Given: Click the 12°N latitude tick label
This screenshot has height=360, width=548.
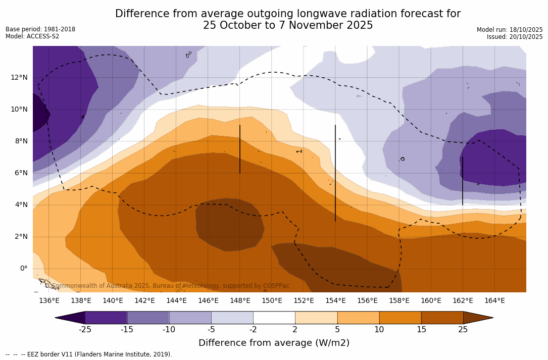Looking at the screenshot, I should (x=19, y=77).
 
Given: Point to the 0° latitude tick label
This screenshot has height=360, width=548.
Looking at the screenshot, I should (x=23, y=268).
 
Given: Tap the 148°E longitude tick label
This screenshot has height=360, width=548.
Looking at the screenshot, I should (x=240, y=301).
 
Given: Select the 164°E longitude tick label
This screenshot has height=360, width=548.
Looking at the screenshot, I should (x=494, y=301).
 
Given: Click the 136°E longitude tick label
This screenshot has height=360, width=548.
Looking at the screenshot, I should (x=49, y=301).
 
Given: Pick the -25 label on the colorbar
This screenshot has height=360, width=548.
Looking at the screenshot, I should (x=85, y=330).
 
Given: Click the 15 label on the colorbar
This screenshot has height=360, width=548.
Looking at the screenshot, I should (x=421, y=330).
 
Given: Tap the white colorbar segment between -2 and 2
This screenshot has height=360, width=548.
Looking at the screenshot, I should (x=274, y=318).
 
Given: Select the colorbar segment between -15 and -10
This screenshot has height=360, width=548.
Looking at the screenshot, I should (x=148, y=318).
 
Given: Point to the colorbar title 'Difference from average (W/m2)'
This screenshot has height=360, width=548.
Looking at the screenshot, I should (x=274, y=343).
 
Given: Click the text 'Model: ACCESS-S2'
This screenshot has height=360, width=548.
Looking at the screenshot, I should (x=32, y=36).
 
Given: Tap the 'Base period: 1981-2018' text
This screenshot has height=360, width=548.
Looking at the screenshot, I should (x=40, y=29).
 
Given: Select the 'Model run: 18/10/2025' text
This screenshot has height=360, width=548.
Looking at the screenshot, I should (x=510, y=30).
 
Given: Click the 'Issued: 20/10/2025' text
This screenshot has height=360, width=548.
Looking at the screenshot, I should (x=515, y=37).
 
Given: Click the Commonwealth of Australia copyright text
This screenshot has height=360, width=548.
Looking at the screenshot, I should (x=167, y=286).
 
